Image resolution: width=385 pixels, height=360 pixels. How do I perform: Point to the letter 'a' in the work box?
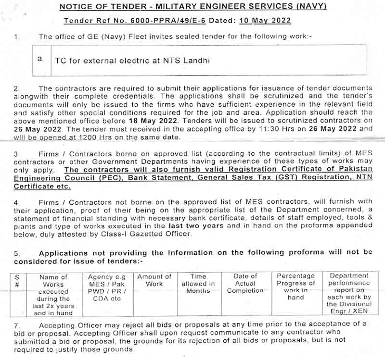(x=40, y=59)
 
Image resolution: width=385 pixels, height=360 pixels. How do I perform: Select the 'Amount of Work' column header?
(x=154, y=280)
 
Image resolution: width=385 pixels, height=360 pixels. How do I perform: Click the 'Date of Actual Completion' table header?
(x=245, y=284)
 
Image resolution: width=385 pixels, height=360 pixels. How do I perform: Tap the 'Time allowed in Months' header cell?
(x=198, y=284)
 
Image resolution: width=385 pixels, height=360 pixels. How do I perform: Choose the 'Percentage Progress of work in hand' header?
(x=295, y=286)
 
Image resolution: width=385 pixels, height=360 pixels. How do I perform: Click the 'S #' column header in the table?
(x=17, y=281)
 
